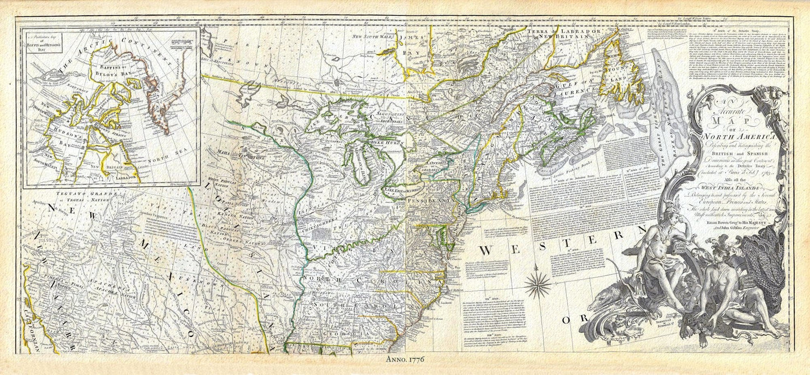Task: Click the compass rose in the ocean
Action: pos(539,284)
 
